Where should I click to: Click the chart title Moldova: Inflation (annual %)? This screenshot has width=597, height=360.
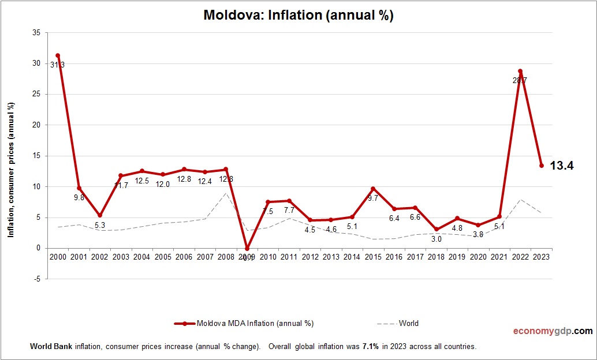pos(298,16)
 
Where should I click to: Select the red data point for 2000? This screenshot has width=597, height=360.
pos(58,55)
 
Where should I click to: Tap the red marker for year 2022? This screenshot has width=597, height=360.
pos(520,71)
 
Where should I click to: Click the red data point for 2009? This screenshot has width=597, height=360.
pos(247,249)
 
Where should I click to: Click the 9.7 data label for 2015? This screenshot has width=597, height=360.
pos(373,198)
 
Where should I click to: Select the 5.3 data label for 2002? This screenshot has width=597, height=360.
pos(100,225)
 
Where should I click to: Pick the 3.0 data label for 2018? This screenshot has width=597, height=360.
pos(436,239)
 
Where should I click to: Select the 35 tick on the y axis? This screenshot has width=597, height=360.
pos(36,33)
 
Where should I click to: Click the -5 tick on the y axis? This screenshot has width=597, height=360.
pos(37,279)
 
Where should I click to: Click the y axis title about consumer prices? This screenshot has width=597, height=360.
pos(10,170)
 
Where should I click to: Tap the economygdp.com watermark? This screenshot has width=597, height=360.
pos(553,331)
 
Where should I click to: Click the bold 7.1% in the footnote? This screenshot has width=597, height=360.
pos(371,347)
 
